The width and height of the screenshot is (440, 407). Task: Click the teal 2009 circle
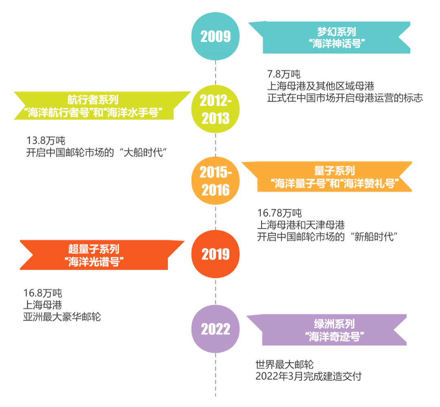(216, 37)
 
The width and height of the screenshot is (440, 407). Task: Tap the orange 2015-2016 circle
(216, 181)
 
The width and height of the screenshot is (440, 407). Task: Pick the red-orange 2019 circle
(216, 254)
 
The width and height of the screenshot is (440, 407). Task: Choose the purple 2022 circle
(216, 329)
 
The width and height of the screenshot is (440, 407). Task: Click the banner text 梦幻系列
(337, 32)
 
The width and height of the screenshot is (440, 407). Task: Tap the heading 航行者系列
(93, 100)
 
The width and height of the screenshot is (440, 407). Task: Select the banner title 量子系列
(334, 171)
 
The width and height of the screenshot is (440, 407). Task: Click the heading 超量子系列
(94, 249)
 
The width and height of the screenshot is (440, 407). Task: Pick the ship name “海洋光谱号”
(94, 261)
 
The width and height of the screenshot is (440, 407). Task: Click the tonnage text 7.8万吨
(284, 74)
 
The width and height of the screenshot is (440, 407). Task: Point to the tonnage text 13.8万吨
(46, 141)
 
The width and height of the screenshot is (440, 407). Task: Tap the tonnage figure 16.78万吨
(279, 213)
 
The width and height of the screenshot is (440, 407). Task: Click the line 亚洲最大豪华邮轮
(62, 317)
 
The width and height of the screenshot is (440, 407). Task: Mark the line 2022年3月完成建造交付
(308, 376)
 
